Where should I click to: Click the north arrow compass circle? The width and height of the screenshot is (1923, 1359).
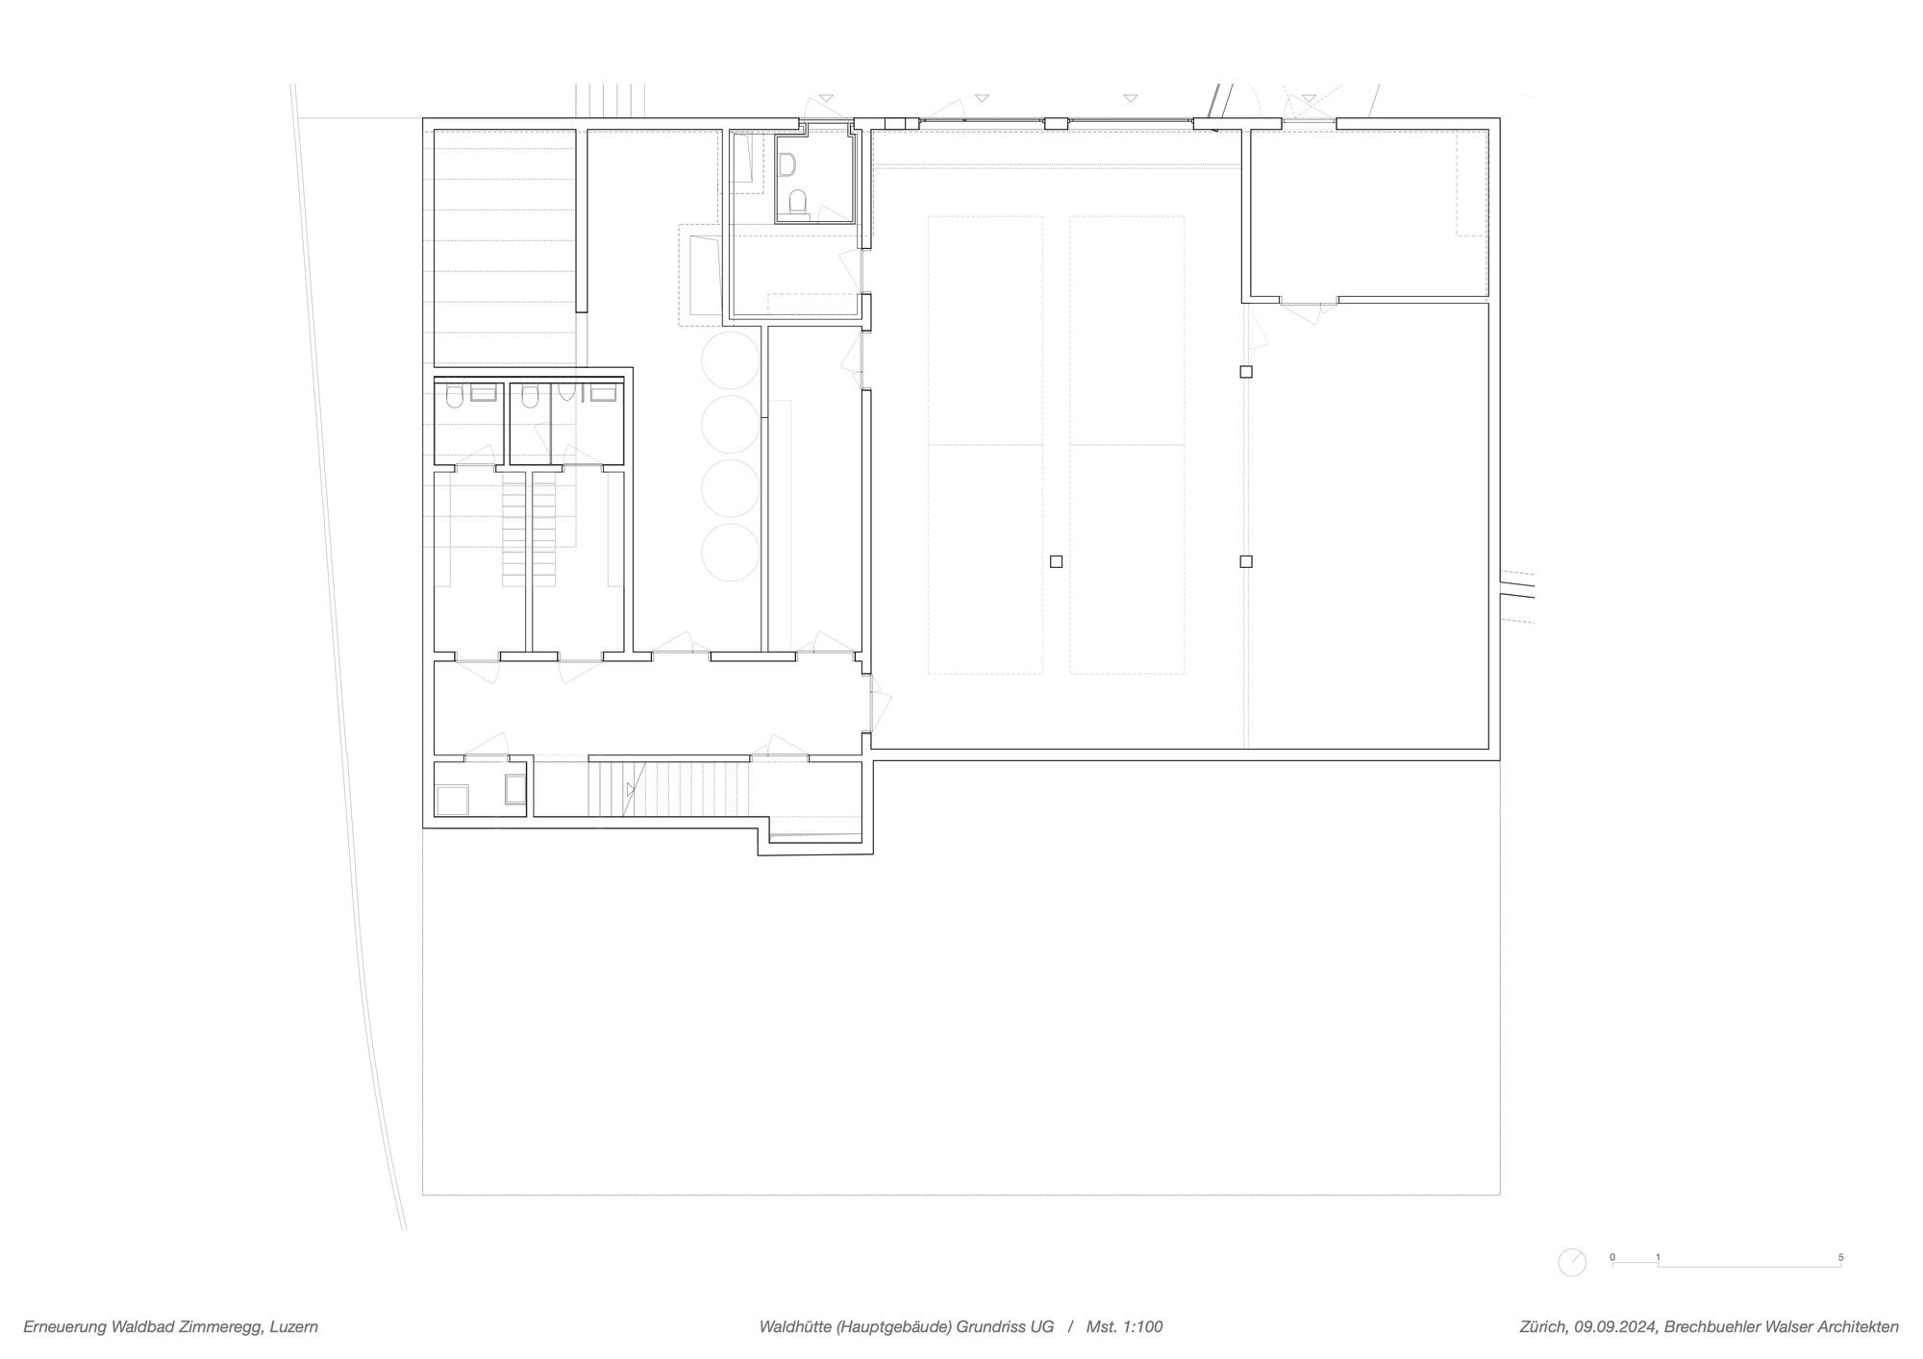pyautogui.click(x=1571, y=1262)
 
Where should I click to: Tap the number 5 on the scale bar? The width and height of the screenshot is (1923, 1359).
pyautogui.click(x=1840, y=1257)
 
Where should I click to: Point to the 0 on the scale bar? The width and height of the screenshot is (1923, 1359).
pyautogui.click(x=1612, y=1257)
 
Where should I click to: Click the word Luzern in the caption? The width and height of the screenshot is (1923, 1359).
pyautogui.click(x=294, y=1327)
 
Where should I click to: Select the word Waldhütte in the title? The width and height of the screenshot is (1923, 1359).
pyautogui.click(x=794, y=1327)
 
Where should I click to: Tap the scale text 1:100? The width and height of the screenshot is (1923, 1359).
pyautogui.click(x=1140, y=1327)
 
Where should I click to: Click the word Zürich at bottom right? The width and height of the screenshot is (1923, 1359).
pyautogui.click(x=1542, y=1327)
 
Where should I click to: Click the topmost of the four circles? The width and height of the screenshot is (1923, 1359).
pyautogui.click(x=731, y=359)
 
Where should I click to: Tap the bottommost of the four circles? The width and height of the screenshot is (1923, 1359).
pyautogui.click(x=731, y=553)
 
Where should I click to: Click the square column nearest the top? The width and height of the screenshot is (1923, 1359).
pyautogui.click(x=1246, y=372)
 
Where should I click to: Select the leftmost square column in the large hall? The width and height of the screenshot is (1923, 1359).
pyautogui.click(x=1056, y=561)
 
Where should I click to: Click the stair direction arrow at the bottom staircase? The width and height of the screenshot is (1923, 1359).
pyautogui.click(x=631, y=789)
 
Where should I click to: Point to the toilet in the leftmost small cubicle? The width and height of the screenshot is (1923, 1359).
pyautogui.click(x=455, y=397)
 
